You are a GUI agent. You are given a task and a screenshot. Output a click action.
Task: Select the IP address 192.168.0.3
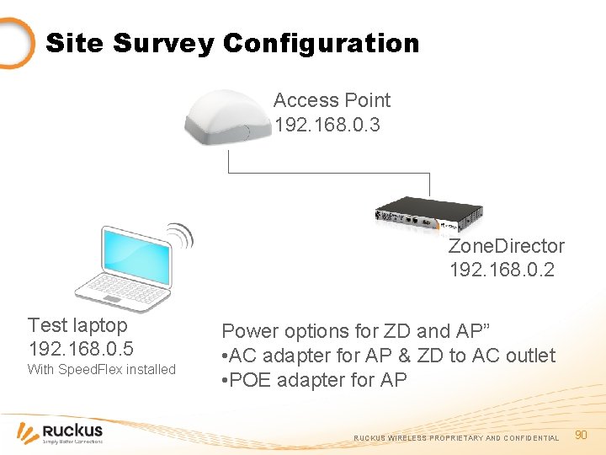pyautogui.click(x=327, y=125)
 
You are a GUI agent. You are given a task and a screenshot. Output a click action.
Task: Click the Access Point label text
pyautogui.click(x=332, y=100)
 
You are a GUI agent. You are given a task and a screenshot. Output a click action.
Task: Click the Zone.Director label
pyautogui.click(x=506, y=246)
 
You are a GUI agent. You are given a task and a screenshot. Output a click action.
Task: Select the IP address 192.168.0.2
pyautogui.click(x=502, y=270)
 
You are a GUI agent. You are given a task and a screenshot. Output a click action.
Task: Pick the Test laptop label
pyautogui.click(x=77, y=325)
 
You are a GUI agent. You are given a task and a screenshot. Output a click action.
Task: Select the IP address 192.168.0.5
pyautogui.click(x=80, y=349)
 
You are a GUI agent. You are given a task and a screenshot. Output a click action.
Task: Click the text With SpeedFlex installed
pyautogui.click(x=101, y=369)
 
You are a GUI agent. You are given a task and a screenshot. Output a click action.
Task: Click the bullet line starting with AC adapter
pyautogui.click(x=388, y=356)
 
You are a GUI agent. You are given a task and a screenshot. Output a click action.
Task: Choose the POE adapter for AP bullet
pyautogui.click(x=314, y=380)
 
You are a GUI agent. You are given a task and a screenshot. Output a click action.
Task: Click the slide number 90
pyautogui.click(x=580, y=434)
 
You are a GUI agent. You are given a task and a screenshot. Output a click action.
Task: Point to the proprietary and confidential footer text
pyautogui.click(x=455, y=438)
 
